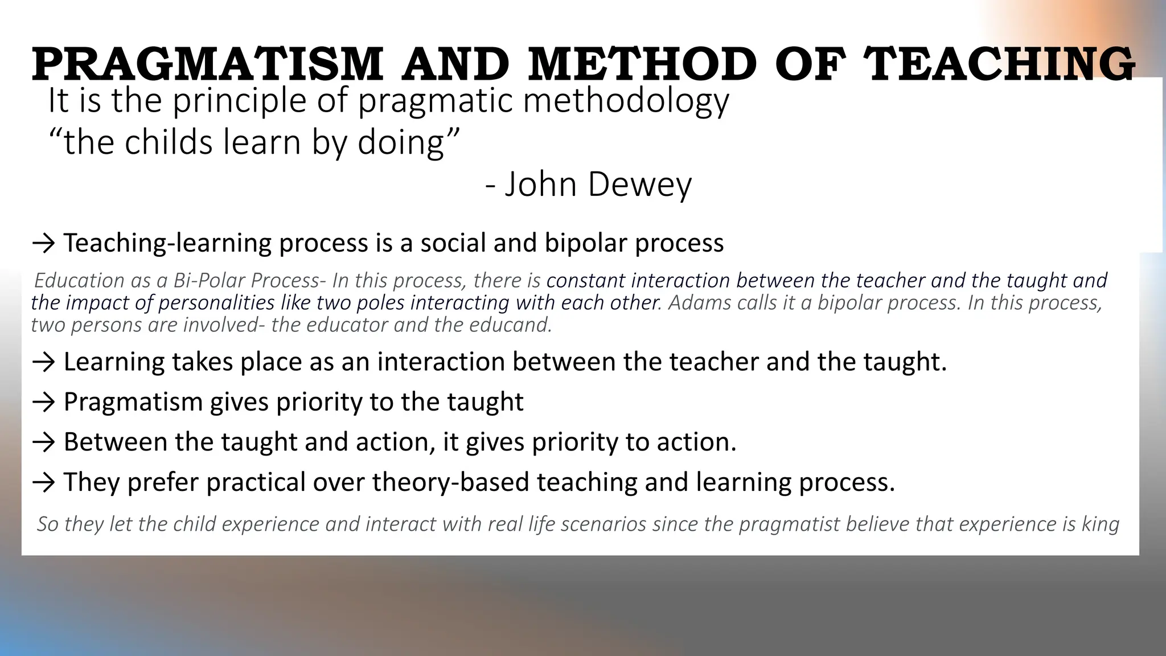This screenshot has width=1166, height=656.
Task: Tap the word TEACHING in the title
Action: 999,64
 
